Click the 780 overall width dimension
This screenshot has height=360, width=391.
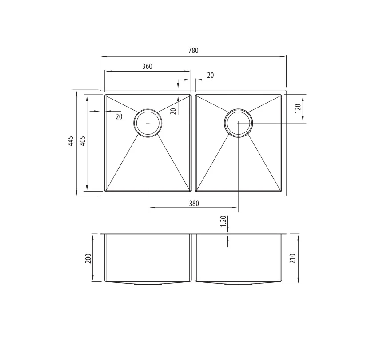[193, 50]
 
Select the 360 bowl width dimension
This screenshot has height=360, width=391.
[147, 66]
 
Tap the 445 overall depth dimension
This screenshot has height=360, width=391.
[71, 141]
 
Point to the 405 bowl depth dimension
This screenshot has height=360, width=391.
[83, 141]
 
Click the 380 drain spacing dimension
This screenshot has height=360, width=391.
[194, 204]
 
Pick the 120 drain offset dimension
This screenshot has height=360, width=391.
[298, 108]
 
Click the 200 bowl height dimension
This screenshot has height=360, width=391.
[88, 259]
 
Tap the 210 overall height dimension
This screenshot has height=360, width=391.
[293, 258]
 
